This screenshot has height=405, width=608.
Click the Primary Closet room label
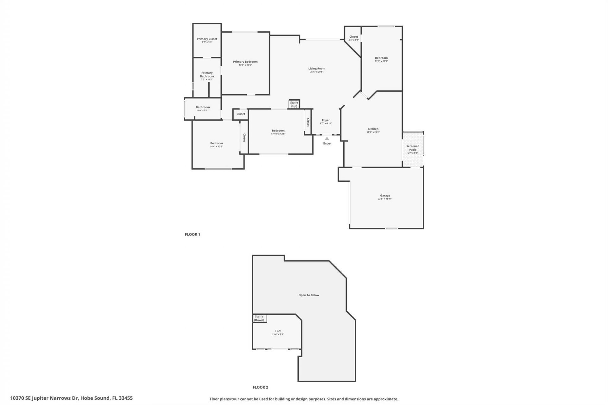pos(207,39)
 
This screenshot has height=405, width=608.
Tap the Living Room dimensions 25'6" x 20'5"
pos(317,72)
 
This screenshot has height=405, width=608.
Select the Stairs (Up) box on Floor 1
pos(294,104)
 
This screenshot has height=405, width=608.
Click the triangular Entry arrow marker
pos(327,139)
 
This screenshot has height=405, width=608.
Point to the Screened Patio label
pos(413,148)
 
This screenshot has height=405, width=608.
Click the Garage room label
pos(385,196)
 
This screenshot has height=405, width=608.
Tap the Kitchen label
pos(373,129)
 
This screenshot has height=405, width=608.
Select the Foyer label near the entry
pos(326,120)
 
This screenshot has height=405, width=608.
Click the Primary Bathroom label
pos(207,74)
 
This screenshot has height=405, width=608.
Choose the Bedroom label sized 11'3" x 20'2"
pos(381,58)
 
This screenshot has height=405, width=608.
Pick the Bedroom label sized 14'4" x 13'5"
pos(217,143)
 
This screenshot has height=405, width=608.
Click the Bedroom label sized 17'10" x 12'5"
pos(278,131)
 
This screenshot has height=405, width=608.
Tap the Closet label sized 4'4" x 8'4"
pos(354,37)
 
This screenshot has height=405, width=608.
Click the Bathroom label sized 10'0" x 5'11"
pos(203,107)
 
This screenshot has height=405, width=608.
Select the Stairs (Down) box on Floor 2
pos(259,318)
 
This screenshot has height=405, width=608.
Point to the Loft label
pos(278,331)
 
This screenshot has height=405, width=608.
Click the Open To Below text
pos(309,295)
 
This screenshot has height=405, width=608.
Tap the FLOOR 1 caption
pos(193,234)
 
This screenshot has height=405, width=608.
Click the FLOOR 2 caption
pos(260,387)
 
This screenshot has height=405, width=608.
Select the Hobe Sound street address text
pos(71,398)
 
